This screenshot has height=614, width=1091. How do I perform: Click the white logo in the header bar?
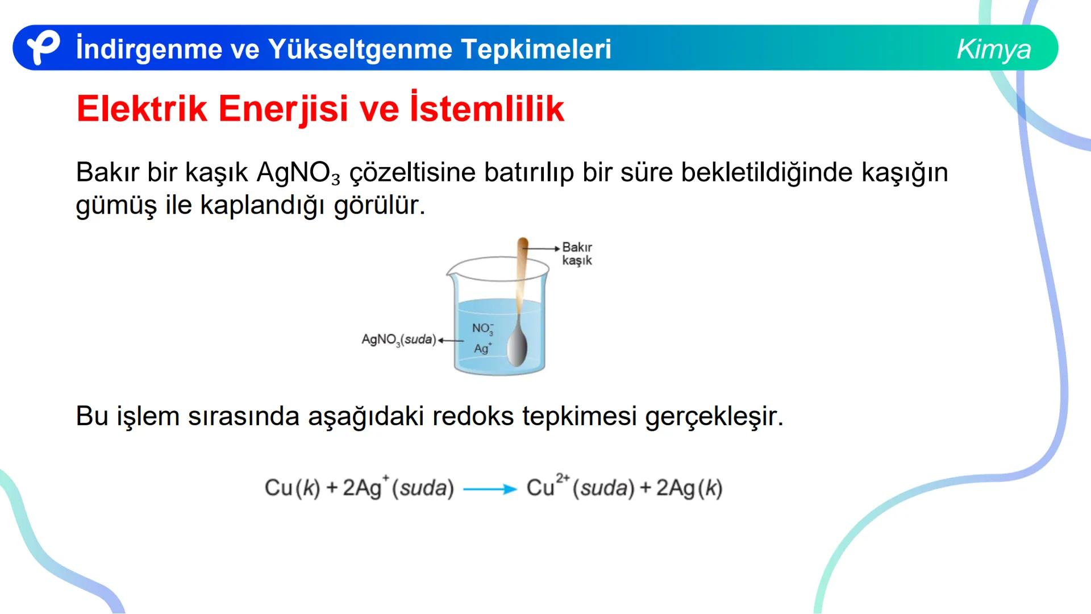43,48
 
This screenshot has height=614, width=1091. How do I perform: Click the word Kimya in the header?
993,49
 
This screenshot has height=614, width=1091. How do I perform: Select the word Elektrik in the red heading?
141,109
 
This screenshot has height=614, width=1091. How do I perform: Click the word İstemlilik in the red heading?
486,109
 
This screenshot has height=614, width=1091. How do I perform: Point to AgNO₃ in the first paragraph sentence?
298,172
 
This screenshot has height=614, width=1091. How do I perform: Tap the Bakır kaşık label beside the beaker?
577,254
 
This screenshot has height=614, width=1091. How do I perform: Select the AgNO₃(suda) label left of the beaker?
398,340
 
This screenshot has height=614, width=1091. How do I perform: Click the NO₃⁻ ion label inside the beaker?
482,329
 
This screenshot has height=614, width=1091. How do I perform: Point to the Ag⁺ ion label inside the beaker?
482,348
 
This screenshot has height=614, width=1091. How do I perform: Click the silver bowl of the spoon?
517,346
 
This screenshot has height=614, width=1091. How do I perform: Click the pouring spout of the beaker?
451,273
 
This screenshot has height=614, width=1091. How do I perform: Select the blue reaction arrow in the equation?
490,489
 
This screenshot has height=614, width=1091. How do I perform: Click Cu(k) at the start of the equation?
292,488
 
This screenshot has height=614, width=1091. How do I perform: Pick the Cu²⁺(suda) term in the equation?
580,488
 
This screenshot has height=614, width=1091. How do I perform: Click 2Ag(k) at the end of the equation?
689,488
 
